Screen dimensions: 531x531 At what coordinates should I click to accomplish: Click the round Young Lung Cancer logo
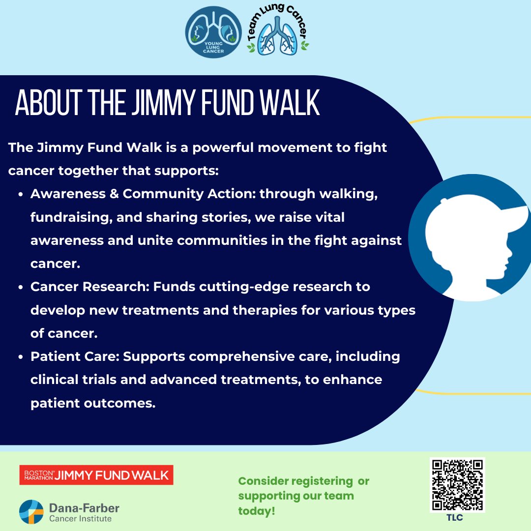pyautogui.click(x=213, y=32)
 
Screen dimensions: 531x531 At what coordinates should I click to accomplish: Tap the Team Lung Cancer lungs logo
pyautogui.click(x=278, y=30)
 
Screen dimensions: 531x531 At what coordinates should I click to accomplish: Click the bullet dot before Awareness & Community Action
pyautogui.click(x=21, y=195)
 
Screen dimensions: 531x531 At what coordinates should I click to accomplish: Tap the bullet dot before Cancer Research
pyautogui.click(x=21, y=288)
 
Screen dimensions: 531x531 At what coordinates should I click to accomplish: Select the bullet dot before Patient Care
pyautogui.click(x=21, y=357)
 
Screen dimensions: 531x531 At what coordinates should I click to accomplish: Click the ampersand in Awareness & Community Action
pyautogui.click(x=114, y=194)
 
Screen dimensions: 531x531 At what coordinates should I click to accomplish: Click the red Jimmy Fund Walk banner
pyautogui.click(x=96, y=475)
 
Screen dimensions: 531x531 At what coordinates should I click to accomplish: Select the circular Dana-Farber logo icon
pyautogui.click(x=31, y=512)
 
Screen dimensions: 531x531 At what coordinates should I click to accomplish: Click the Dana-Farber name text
pyautogui.click(x=85, y=508)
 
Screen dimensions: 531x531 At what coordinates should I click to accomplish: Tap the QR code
pyautogui.click(x=457, y=485)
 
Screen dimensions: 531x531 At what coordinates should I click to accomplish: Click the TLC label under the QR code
pyautogui.click(x=454, y=518)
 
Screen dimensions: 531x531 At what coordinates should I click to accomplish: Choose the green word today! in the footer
pyautogui.click(x=257, y=511)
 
